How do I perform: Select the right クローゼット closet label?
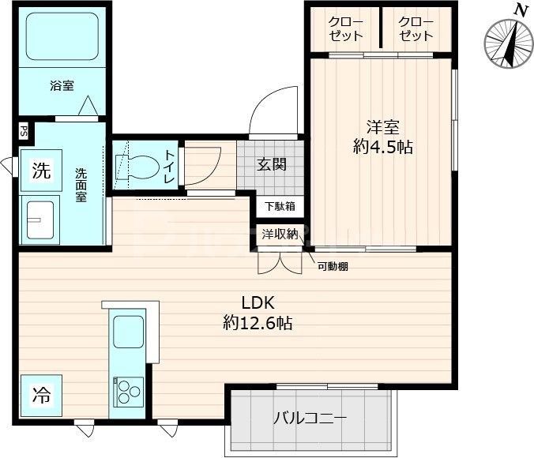tap(416, 28)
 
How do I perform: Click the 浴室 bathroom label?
tap(62, 86)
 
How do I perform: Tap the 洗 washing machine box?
tap(41, 170)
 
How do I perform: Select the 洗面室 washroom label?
tap(81, 185)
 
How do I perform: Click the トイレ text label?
tap(169, 166)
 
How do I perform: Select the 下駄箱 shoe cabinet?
tap(279, 207)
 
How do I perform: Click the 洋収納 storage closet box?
tap(280, 234)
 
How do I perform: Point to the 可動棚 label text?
tap(333, 266)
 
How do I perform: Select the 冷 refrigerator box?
tap(41, 395)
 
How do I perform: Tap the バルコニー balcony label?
tap(309, 418)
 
